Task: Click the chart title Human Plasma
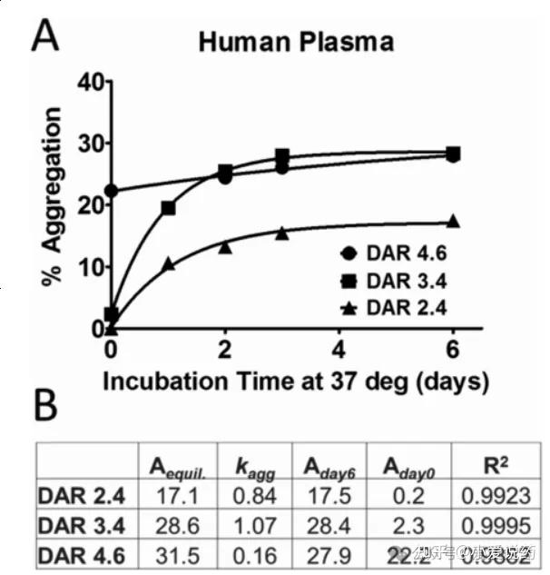pyautogui.click(x=296, y=42)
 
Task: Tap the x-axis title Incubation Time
pyautogui.click(x=295, y=381)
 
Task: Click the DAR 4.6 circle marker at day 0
pyautogui.click(x=111, y=191)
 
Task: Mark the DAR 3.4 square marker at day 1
pyautogui.click(x=168, y=208)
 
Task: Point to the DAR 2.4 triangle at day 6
pyautogui.click(x=453, y=221)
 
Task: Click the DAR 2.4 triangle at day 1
pyautogui.click(x=168, y=263)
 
